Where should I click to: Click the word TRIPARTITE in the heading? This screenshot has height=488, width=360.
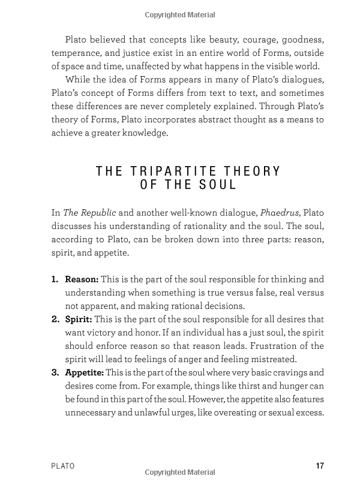[170, 171]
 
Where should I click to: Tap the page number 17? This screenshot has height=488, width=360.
[319, 466]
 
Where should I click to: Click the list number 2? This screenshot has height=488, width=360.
[55, 319]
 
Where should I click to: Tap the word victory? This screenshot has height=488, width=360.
[121, 332]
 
